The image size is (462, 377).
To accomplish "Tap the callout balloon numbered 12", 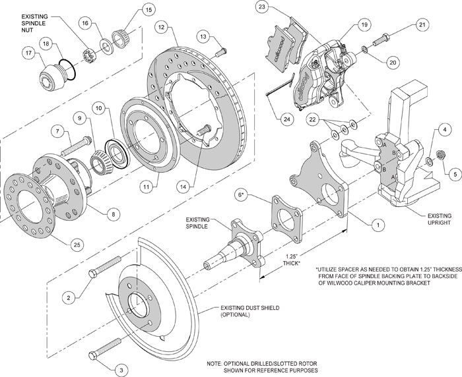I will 160,27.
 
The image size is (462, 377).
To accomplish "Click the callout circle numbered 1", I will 377,224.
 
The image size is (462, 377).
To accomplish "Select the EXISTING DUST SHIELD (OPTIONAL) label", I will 242,311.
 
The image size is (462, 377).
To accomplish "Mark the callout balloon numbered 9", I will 80,119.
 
